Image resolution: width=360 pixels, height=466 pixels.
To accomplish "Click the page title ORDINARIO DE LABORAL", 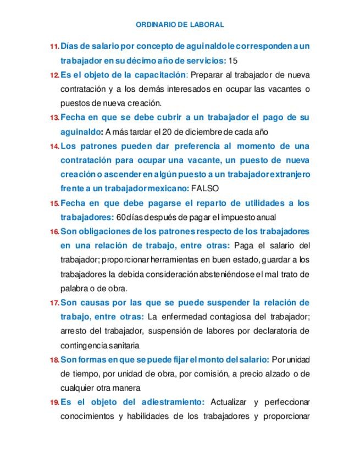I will click(179, 25).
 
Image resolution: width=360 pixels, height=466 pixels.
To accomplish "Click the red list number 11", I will click(54, 47).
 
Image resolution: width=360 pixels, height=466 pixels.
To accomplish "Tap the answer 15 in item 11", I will click(233, 60).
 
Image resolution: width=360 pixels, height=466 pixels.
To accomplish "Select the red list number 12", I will click(54, 75).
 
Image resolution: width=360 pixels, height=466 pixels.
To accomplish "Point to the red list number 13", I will click(54, 118).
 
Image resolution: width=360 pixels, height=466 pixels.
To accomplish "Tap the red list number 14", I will click(54, 147).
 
